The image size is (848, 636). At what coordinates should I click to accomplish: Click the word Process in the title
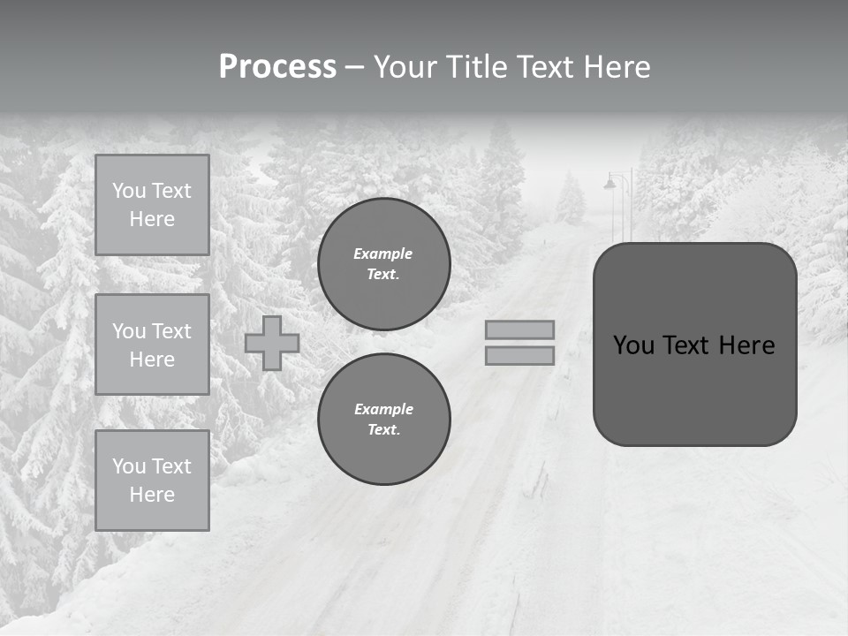(277, 67)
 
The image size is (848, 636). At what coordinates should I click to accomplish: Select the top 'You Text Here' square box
(152, 205)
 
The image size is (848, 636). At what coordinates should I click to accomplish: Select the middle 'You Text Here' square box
(152, 344)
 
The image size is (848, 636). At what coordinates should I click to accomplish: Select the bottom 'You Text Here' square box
(152, 481)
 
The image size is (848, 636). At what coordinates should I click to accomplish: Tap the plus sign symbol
(272, 343)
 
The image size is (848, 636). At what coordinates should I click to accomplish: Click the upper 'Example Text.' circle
(383, 264)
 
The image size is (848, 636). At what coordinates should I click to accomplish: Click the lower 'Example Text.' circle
(383, 420)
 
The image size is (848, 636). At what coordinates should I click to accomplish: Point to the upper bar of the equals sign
(519, 329)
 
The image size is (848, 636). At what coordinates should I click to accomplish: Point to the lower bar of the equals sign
(519, 356)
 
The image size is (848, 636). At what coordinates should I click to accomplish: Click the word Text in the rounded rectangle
(693, 345)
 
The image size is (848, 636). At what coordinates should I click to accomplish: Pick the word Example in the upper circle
(383, 254)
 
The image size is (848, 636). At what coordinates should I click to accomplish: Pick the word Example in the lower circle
(383, 409)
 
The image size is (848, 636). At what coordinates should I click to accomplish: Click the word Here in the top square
(152, 219)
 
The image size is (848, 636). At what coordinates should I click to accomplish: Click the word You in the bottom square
(128, 466)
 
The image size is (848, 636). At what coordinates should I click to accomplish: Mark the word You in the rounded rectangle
(633, 345)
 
